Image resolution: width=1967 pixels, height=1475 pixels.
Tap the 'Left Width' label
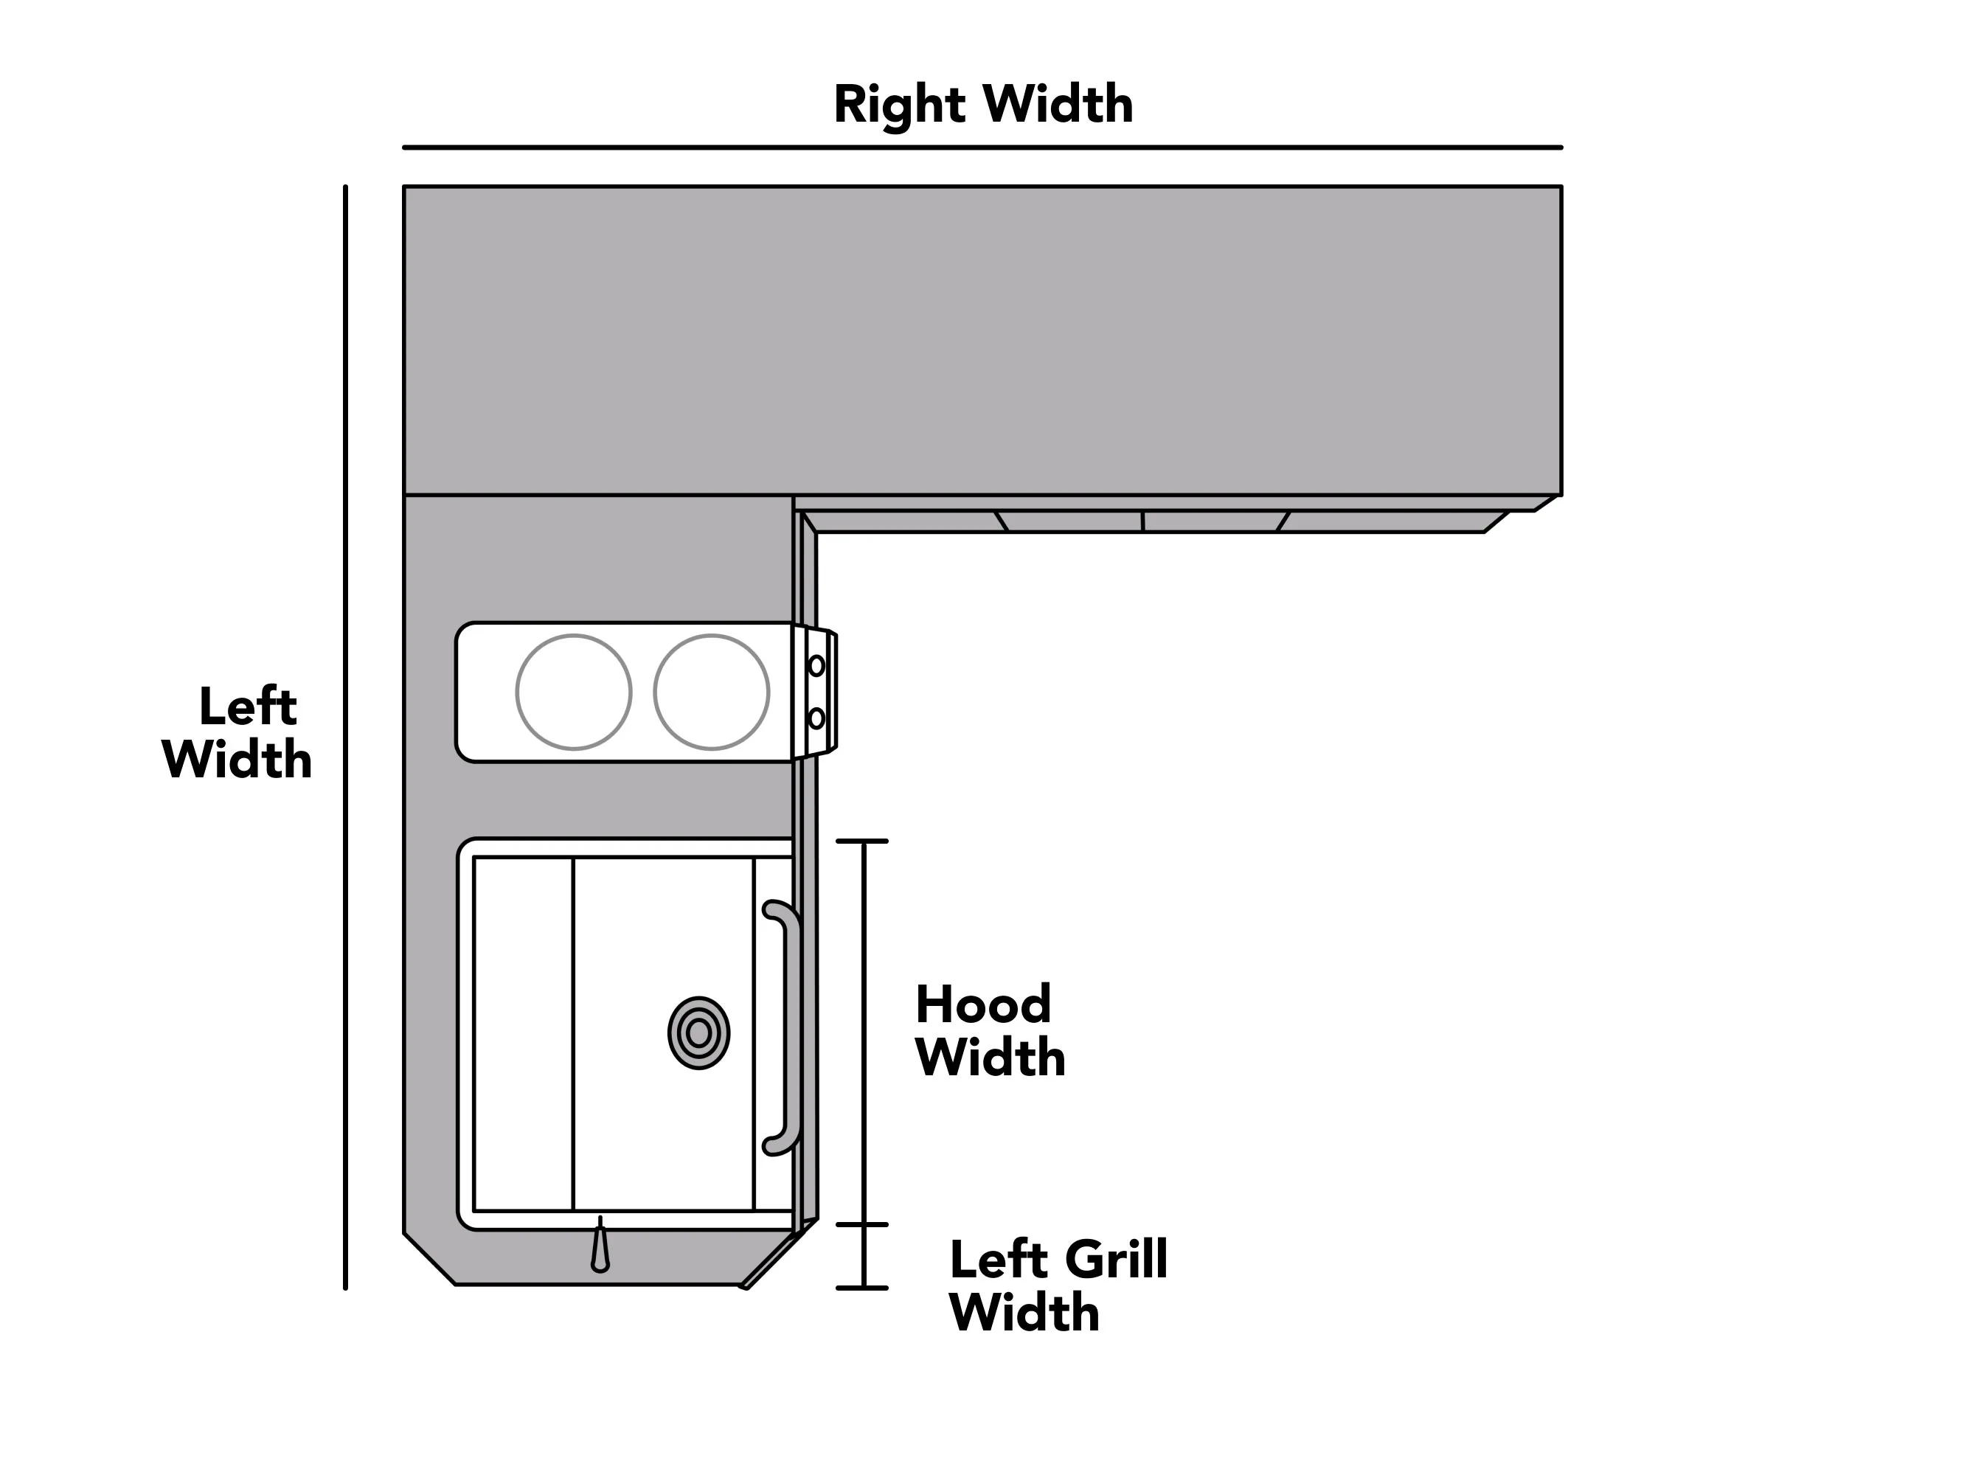[237, 732]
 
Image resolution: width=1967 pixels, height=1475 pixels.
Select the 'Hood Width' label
[990, 1030]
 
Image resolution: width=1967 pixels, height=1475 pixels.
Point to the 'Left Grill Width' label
[1058, 1285]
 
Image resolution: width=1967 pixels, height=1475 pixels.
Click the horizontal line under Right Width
[982, 147]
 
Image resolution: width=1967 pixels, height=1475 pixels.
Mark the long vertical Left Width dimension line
[345, 737]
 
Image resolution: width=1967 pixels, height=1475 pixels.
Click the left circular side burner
[574, 693]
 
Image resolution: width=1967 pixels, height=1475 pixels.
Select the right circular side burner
[712, 693]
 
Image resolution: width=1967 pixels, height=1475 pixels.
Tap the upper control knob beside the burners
[816, 665]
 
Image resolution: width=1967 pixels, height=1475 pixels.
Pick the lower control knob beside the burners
[816, 718]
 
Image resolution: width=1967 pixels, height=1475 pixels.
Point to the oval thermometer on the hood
[699, 1033]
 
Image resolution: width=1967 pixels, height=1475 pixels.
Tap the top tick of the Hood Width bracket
[861, 841]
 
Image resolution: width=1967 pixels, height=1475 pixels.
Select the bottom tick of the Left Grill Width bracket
[861, 1288]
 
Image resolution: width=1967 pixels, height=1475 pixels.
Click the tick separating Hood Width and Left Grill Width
[861, 1225]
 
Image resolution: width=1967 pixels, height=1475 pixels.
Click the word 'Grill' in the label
[1116, 1260]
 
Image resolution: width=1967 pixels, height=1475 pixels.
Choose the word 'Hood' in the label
[984, 1004]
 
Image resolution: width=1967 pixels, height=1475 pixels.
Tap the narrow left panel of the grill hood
[524, 1034]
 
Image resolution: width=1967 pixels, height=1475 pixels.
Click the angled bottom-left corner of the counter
[429, 1259]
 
